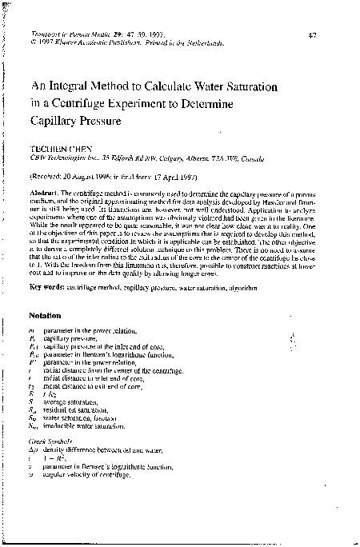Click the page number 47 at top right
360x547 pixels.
pos(313,36)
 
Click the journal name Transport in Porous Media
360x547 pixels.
pos(65,36)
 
